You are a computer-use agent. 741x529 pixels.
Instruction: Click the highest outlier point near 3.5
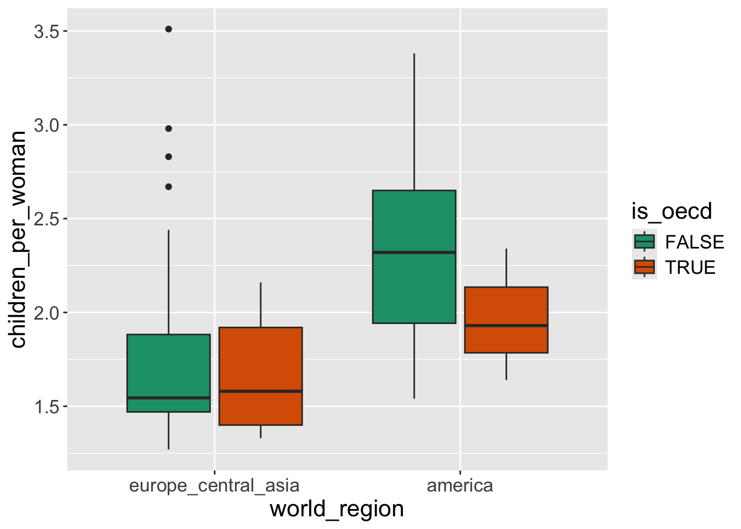tap(169, 29)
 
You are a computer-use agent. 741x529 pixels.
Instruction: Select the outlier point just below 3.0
tap(169, 128)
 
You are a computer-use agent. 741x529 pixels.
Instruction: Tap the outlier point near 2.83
tap(169, 156)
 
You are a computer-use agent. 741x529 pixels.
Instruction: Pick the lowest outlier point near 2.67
tap(169, 187)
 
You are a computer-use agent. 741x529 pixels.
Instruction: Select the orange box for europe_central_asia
tap(261, 358)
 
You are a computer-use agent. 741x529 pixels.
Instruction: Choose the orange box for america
tap(506, 309)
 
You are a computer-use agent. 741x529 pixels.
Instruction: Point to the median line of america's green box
tap(414, 252)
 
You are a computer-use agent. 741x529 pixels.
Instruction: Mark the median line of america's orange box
tap(506, 326)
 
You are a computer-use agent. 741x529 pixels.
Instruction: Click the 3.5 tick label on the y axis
tap(46, 31)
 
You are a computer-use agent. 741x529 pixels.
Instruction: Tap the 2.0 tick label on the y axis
tap(46, 313)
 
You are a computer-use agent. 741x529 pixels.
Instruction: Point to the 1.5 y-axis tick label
tap(46, 407)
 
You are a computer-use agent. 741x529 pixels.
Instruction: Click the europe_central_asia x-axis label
tap(214, 485)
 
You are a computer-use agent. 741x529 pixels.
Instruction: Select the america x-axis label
tap(460, 485)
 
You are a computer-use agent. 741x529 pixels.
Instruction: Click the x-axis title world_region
tap(337, 509)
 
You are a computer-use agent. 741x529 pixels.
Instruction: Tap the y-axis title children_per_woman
tap(19, 240)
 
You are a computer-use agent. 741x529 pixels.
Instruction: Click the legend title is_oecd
tap(672, 212)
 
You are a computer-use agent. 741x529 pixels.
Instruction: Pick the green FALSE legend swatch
tap(645, 241)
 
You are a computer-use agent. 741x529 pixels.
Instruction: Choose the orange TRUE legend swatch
tap(645, 267)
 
